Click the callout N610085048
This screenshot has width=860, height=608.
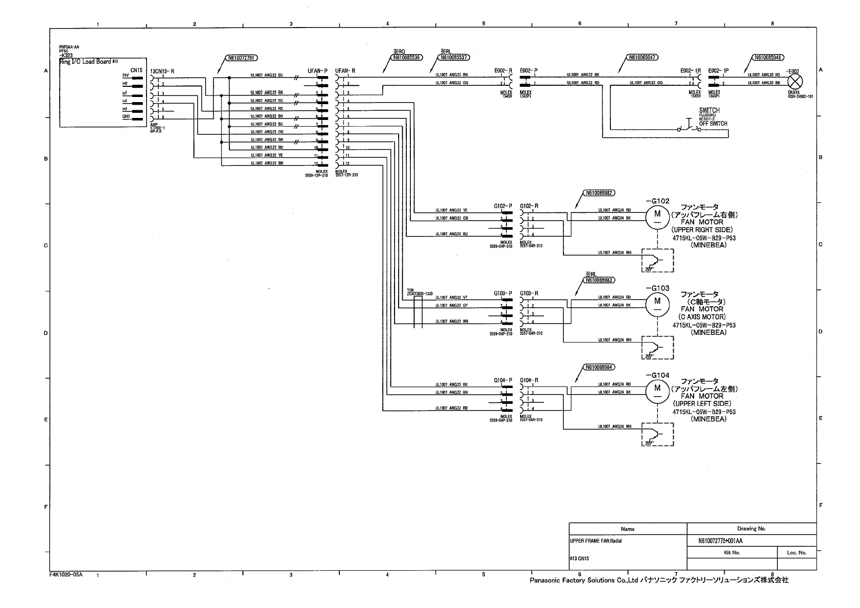(x=768, y=58)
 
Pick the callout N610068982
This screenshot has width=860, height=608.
(x=600, y=193)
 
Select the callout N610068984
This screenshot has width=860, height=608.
(x=600, y=367)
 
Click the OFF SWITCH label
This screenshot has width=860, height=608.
(x=713, y=124)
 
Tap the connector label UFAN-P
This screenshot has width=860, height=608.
(x=317, y=71)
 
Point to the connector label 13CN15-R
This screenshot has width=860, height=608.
(x=163, y=71)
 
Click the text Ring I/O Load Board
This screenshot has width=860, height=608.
(x=86, y=62)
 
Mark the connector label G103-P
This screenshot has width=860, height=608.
(x=503, y=294)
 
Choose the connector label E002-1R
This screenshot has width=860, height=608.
(x=690, y=71)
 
